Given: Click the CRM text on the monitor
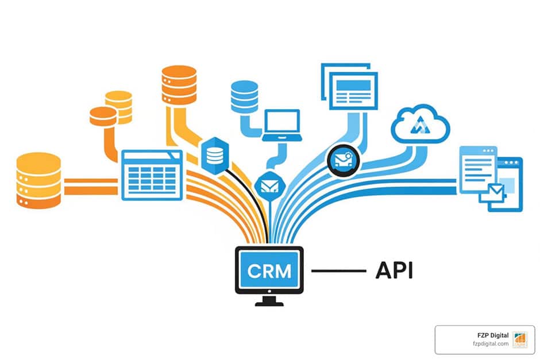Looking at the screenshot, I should (269, 270).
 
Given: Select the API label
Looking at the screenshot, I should (394, 270).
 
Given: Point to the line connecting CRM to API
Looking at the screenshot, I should (338, 270).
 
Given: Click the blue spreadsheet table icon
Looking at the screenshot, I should (152, 175).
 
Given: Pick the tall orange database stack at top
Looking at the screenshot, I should (179, 84).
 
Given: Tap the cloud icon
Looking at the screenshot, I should (420, 123).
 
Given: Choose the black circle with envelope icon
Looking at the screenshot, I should (344, 159).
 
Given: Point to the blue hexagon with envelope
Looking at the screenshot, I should (267, 185).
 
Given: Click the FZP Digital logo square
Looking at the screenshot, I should (519, 339).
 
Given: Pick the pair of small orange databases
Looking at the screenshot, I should (111, 109).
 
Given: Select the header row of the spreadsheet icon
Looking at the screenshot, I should (152, 156).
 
